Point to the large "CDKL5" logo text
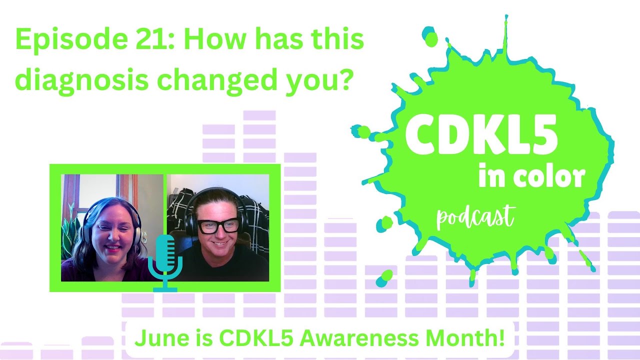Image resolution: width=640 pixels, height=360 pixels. (481, 134)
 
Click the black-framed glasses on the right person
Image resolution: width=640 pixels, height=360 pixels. (218, 226)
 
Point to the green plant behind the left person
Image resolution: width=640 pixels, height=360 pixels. (69, 232)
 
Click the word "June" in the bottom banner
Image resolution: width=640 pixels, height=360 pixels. (153, 339)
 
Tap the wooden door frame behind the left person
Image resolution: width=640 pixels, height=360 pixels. (134, 192)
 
